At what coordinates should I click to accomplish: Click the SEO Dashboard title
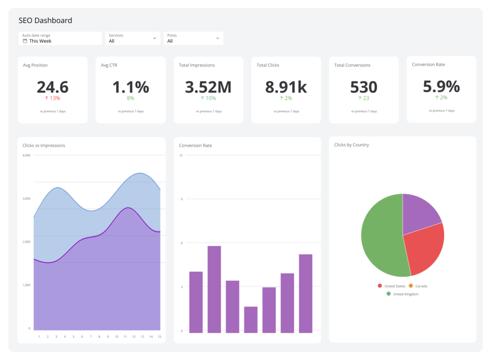pyautogui.click(x=45, y=21)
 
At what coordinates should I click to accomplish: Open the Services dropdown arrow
pyautogui.click(x=154, y=38)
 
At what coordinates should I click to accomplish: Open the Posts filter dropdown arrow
pyautogui.click(x=217, y=38)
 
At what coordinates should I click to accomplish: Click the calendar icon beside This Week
pyautogui.click(x=25, y=41)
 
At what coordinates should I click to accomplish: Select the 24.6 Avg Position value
pyautogui.click(x=52, y=87)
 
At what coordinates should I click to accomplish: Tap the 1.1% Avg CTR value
pyautogui.click(x=130, y=87)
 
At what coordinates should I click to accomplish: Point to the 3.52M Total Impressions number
pyautogui.click(x=208, y=87)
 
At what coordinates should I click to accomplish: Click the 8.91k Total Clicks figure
pyautogui.click(x=286, y=87)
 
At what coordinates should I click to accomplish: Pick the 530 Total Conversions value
pyautogui.click(x=363, y=87)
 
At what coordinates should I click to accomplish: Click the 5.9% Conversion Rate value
pyautogui.click(x=441, y=86)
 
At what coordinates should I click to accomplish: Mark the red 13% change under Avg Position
pyautogui.click(x=52, y=98)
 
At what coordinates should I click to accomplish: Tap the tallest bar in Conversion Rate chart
pyautogui.click(x=214, y=289)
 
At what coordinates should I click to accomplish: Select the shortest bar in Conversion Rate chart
pyautogui.click(x=251, y=319)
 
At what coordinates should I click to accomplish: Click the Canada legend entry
pyautogui.click(x=418, y=286)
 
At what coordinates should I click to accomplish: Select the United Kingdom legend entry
pyautogui.click(x=402, y=294)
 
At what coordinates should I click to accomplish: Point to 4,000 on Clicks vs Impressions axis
pyautogui.click(x=26, y=155)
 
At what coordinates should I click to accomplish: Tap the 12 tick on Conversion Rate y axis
pyautogui.click(x=181, y=155)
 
